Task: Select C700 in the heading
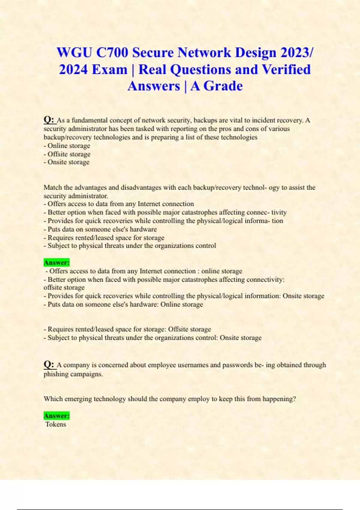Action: (112, 52)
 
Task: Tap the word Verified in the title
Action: (286, 70)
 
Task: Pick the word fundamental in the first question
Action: (89, 120)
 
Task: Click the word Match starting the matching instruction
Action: (53, 187)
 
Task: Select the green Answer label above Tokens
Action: (56, 416)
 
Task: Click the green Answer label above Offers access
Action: (56, 262)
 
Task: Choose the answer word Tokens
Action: (56, 424)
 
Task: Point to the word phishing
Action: (56, 374)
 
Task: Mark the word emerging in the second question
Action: (78, 399)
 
